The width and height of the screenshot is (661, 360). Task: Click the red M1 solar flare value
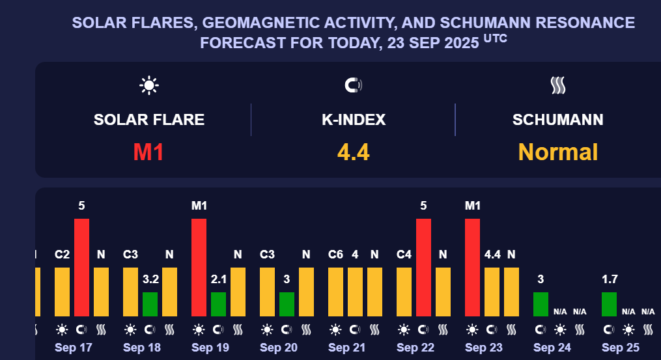(x=148, y=152)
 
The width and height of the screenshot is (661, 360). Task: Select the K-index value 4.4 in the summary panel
(x=354, y=152)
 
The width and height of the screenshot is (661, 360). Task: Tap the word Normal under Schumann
(x=557, y=152)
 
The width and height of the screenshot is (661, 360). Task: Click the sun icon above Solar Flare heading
(x=149, y=85)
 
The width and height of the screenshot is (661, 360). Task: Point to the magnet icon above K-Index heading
(x=353, y=85)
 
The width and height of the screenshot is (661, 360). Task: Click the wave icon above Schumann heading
(x=557, y=85)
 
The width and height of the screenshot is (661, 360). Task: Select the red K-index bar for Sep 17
(x=81, y=267)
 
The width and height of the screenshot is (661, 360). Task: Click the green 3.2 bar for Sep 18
(x=150, y=303)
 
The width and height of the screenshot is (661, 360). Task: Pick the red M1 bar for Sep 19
(x=199, y=267)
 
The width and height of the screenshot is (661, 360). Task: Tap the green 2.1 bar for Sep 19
(x=218, y=303)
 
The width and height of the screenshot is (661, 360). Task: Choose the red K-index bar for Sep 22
(x=423, y=267)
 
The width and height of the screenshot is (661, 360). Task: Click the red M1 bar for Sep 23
(x=472, y=267)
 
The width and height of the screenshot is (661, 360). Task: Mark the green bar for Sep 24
(x=541, y=303)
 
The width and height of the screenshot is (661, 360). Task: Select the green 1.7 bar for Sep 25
(x=609, y=303)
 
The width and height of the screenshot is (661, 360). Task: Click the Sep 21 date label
(x=347, y=348)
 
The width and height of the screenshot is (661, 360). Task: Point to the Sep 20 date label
(x=279, y=348)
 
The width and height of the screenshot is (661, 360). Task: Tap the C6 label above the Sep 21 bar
(x=335, y=255)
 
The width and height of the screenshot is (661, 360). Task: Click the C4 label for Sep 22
(x=404, y=255)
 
